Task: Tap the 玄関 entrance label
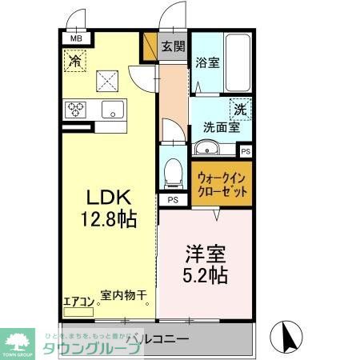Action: click(173, 46)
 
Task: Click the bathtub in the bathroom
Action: click(239, 63)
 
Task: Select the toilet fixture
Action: click(171, 171)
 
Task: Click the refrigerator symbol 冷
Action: click(75, 61)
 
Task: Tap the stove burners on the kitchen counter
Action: click(76, 109)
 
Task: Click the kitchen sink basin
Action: click(112, 110)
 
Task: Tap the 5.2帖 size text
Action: click(206, 278)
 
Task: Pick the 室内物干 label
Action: click(124, 295)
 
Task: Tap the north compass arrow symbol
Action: click(286, 334)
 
